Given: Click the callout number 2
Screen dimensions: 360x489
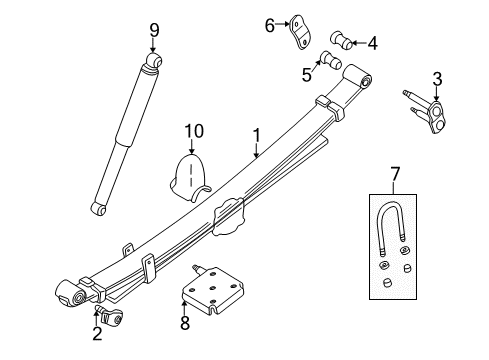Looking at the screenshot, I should pyautogui.click(x=97, y=335).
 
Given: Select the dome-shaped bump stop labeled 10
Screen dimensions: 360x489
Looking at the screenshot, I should pyautogui.click(x=190, y=172).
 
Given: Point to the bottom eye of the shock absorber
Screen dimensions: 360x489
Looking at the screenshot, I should pyautogui.click(x=97, y=208).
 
